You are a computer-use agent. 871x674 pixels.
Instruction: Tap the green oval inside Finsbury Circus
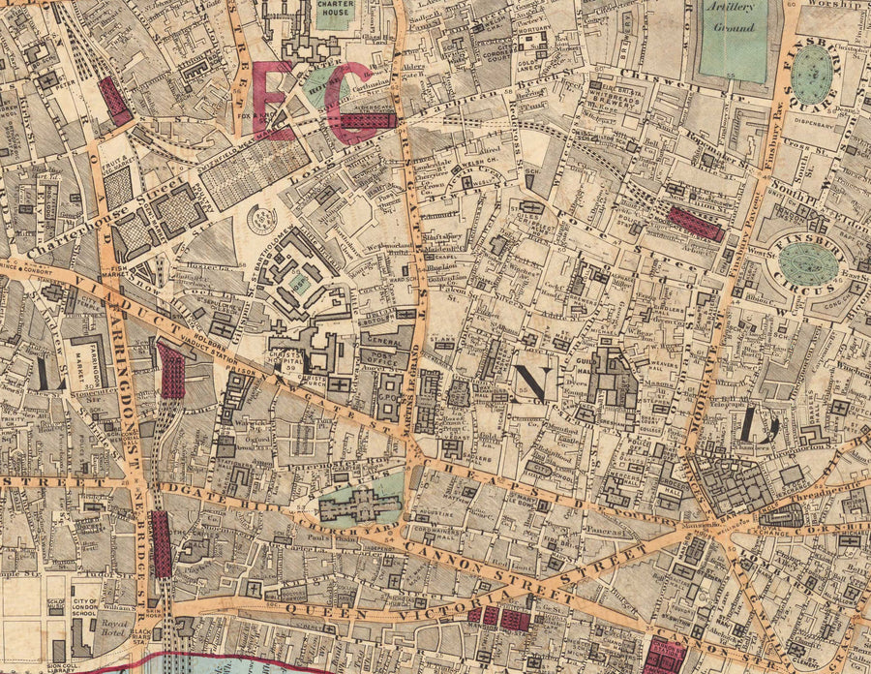[x=808, y=263]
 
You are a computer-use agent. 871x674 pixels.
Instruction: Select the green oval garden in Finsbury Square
[x=812, y=76]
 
